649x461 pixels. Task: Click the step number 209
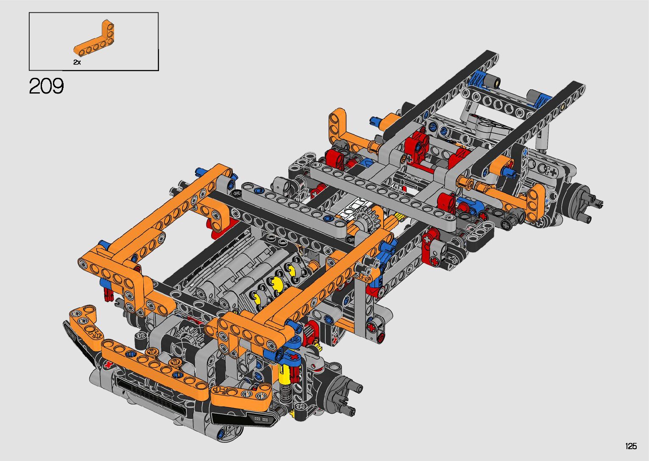[x=46, y=86]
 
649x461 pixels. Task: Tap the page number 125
[x=631, y=446]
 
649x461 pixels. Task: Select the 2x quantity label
[x=77, y=62]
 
